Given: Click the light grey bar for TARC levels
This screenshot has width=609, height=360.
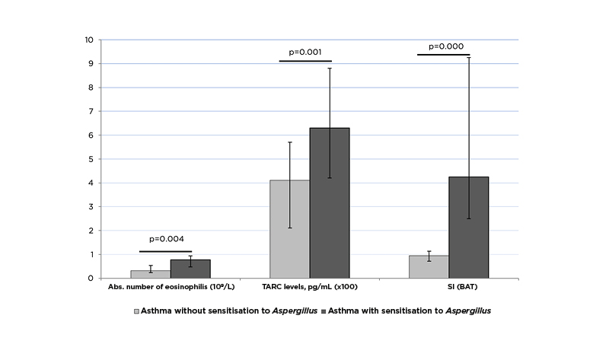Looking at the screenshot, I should pos(290,229).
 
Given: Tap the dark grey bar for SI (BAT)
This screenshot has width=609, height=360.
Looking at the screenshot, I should pos(468,228).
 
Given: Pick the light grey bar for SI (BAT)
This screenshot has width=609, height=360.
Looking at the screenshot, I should pos(429,267).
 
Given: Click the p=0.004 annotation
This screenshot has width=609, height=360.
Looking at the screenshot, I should pos(165,239).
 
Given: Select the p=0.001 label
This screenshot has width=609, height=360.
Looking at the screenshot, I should pos(305,52).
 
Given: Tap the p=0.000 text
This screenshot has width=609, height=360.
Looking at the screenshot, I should pos(446,46).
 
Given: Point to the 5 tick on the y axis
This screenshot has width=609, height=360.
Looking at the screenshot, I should pos(91,159).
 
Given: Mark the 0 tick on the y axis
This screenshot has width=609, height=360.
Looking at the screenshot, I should pos(91,279).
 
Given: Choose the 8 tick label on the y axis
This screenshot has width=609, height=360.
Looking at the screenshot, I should pos(91,88).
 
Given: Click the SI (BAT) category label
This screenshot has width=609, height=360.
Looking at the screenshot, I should pos(448,287).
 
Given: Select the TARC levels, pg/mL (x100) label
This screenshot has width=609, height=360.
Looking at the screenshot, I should pos(310,287).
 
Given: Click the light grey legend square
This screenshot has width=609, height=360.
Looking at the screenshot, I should pos(137,311).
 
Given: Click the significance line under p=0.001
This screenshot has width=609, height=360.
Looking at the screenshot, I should pos(305,61).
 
